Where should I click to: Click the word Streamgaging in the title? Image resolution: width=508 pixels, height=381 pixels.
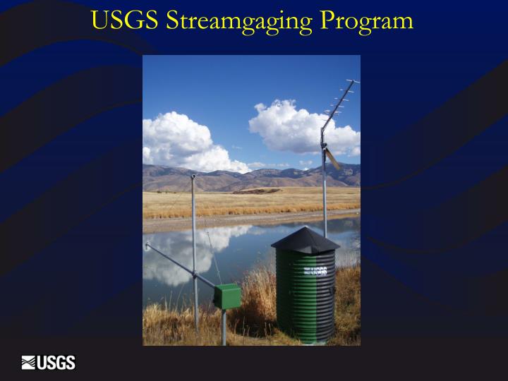click(239, 21)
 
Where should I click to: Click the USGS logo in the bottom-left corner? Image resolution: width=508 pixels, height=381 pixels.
click(49, 363)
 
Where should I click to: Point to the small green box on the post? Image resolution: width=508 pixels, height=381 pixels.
click(227, 296)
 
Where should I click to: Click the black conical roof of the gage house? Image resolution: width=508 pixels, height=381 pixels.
click(305, 241)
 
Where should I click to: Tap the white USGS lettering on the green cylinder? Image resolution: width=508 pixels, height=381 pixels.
click(315, 271)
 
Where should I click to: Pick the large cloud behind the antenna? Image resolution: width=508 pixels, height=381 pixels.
click(296, 127)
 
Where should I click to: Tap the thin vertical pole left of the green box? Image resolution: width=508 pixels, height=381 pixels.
click(194, 233)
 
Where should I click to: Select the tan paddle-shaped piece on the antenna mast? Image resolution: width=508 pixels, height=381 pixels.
click(332, 158)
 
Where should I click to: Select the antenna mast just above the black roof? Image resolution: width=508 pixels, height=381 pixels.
click(325, 205)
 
